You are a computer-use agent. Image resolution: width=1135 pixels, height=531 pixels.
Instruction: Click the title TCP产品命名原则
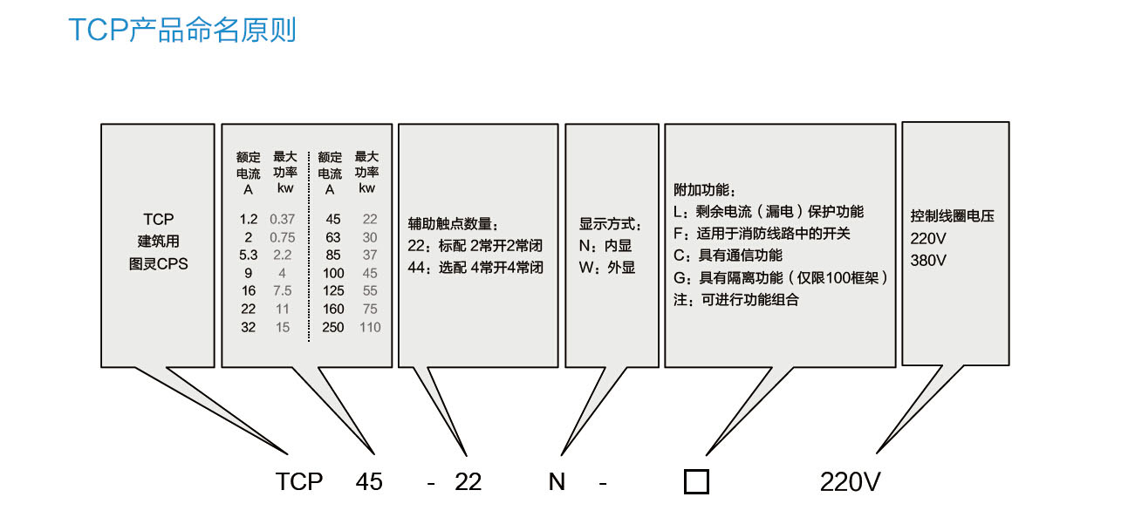click(182, 30)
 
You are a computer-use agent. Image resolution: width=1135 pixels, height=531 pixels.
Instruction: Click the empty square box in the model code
click(696, 481)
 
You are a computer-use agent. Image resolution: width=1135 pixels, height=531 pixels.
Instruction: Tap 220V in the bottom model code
click(851, 482)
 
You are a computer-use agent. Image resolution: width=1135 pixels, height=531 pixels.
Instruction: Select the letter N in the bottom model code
click(557, 482)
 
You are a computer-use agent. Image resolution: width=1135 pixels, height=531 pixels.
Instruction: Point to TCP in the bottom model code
click(299, 482)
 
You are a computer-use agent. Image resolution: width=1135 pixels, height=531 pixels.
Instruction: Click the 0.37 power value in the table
click(283, 219)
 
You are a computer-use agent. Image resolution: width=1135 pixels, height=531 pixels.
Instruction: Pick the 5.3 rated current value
click(249, 255)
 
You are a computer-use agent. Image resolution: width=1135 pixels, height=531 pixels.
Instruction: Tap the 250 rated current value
click(333, 328)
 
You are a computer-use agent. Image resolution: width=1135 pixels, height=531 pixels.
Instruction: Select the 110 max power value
click(370, 328)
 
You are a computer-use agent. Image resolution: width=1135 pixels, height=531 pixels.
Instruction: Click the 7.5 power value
click(283, 291)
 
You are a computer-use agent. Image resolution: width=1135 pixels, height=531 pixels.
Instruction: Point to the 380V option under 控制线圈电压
click(928, 261)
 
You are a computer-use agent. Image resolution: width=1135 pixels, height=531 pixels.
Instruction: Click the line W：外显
click(607, 268)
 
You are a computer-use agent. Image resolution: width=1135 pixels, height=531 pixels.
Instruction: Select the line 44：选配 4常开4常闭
click(475, 268)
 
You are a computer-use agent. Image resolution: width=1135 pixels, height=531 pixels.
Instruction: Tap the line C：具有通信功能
click(728, 255)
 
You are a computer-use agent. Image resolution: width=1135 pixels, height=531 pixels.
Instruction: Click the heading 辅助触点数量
click(453, 224)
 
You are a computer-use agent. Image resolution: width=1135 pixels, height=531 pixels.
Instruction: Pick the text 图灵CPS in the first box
click(158, 263)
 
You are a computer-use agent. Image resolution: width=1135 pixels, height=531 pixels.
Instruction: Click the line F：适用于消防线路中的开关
click(762, 234)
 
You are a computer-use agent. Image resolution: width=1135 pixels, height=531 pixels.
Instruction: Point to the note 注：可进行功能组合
click(736, 300)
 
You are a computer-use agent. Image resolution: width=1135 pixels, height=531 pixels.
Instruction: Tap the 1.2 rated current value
click(249, 219)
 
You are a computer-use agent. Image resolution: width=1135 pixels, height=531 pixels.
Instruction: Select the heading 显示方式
click(611, 224)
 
